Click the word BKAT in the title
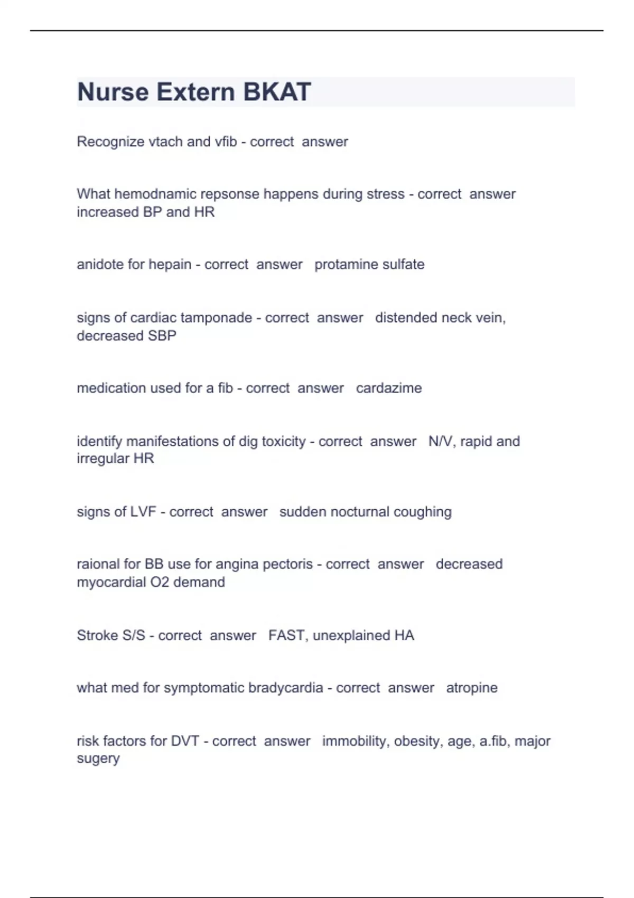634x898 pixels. click(277, 92)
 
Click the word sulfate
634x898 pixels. click(403, 264)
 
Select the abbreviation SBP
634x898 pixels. click(162, 335)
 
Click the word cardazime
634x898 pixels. click(389, 388)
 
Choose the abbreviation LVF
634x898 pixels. click(143, 511)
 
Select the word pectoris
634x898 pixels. click(287, 564)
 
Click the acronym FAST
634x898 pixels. click(286, 635)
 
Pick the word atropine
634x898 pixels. click(472, 688)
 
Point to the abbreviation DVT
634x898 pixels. click(185, 741)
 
